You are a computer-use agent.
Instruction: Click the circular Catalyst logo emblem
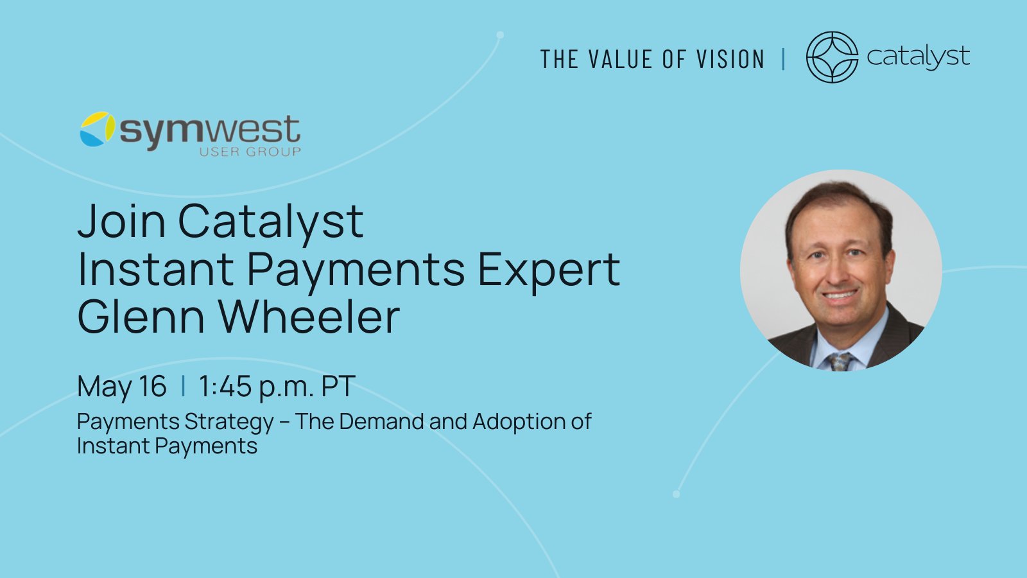point(832,57)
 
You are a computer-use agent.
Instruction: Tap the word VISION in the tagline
point(730,59)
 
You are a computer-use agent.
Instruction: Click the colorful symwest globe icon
point(97,129)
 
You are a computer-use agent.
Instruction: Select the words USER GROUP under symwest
point(250,152)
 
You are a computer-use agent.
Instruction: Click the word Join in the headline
point(121,221)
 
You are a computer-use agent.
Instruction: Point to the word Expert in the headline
point(549,270)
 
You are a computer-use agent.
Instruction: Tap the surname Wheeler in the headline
point(309,317)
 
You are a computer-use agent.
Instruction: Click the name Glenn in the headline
point(141,317)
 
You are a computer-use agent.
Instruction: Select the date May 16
point(121,386)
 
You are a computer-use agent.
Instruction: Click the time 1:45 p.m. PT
point(277,386)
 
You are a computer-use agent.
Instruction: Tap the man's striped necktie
point(840,362)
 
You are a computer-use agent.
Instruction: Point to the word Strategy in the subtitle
point(229,422)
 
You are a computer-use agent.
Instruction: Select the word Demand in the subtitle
point(381,421)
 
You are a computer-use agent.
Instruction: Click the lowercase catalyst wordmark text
point(918,57)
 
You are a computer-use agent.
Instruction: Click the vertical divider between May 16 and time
point(184,386)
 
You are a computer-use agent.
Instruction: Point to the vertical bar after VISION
point(784,59)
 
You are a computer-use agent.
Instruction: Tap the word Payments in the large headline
point(356,270)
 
